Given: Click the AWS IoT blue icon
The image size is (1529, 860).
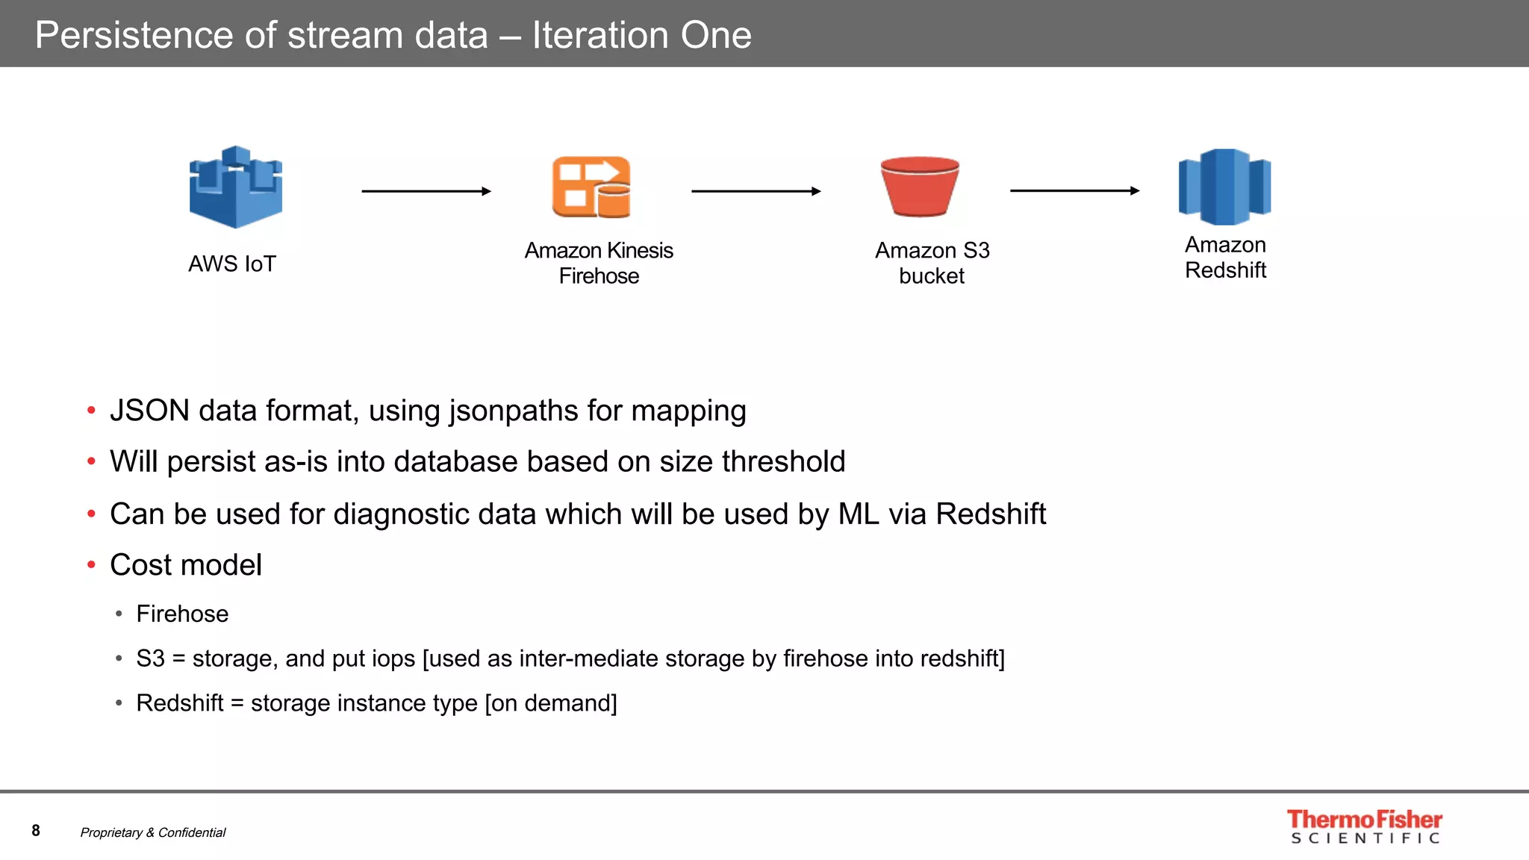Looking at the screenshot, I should (235, 187).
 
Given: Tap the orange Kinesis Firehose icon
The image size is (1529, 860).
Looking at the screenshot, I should (591, 187).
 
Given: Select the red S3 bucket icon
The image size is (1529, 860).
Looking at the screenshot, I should (920, 187).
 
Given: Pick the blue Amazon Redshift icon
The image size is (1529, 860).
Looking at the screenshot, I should (1224, 187).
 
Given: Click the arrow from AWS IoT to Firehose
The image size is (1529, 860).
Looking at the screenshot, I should (426, 191).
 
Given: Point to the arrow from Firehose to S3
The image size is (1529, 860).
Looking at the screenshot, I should (756, 191).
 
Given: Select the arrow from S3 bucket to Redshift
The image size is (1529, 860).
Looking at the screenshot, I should (1074, 191).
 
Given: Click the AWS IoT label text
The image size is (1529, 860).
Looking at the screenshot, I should (232, 264).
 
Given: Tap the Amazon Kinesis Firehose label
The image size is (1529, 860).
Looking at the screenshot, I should (599, 263).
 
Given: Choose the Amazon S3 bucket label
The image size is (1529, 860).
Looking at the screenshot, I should (932, 263).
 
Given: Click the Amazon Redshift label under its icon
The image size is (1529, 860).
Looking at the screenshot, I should (1225, 257).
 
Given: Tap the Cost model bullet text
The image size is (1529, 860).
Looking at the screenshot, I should (186, 565).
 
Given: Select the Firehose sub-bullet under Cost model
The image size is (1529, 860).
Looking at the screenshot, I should (182, 614).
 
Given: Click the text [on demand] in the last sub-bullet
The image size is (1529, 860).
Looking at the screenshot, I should (551, 703).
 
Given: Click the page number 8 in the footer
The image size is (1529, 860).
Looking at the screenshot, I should (36, 831).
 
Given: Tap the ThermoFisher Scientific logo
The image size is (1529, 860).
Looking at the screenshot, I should (1365, 826).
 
